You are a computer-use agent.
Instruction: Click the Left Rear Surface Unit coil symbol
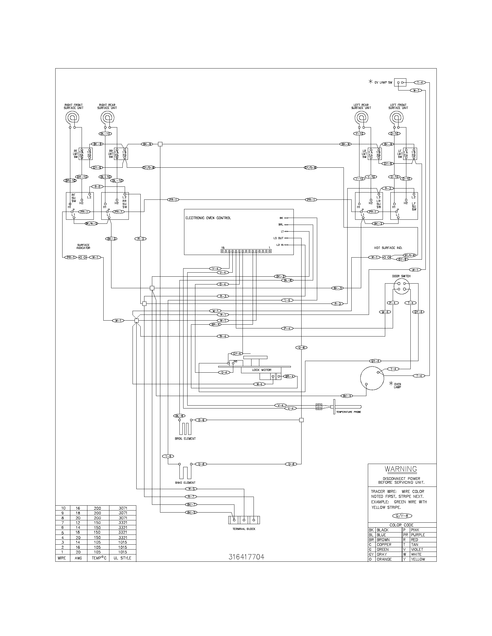pyautogui.click(x=361, y=118)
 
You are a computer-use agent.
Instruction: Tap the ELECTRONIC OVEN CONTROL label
pyautogui.click(x=208, y=218)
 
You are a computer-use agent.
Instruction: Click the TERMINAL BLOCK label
pyautogui.click(x=244, y=529)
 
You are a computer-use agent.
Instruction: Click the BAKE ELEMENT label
pyautogui.click(x=185, y=482)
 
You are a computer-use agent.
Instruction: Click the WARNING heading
pyautogui.click(x=401, y=469)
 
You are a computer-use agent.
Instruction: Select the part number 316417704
pyautogui.click(x=246, y=557)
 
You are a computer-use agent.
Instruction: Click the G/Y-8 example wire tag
pyautogui.click(x=402, y=516)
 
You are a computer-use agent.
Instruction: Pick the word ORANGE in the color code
pyautogui.click(x=384, y=559)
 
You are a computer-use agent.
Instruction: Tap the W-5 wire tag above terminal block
pyautogui.click(x=191, y=489)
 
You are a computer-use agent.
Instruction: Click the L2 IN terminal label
pyautogui.click(x=280, y=245)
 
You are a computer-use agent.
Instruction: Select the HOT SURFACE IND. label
pyautogui.click(x=388, y=248)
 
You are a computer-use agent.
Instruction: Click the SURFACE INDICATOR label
pyautogui.click(x=83, y=246)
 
